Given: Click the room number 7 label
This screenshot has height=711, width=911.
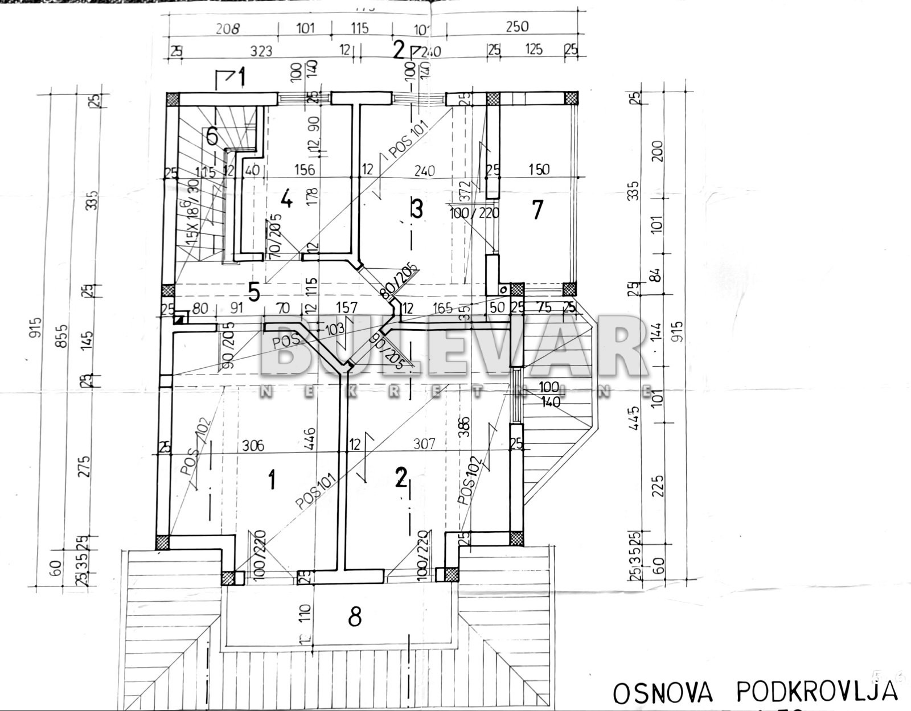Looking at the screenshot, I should click(x=537, y=210).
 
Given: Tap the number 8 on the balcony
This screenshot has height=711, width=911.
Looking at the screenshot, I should click(x=355, y=616).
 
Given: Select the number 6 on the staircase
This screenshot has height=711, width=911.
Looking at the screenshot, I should click(x=212, y=137).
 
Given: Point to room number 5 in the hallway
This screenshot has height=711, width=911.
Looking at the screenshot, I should click(x=254, y=292).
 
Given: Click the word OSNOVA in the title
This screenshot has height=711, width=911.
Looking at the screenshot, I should click(x=663, y=693).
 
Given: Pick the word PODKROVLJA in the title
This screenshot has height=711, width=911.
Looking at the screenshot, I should click(x=817, y=692).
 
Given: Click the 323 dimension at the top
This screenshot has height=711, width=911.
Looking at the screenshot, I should click(x=261, y=51).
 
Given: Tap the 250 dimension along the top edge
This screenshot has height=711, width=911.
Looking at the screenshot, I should click(x=516, y=27).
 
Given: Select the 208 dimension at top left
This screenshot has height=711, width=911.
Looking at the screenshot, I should click(x=228, y=28).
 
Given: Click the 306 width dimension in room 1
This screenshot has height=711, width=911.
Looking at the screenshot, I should click(x=253, y=445).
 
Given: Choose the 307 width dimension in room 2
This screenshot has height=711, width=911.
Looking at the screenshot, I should click(x=424, y=443).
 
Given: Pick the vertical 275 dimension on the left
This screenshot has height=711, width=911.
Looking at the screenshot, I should click(x=84, y=467).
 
